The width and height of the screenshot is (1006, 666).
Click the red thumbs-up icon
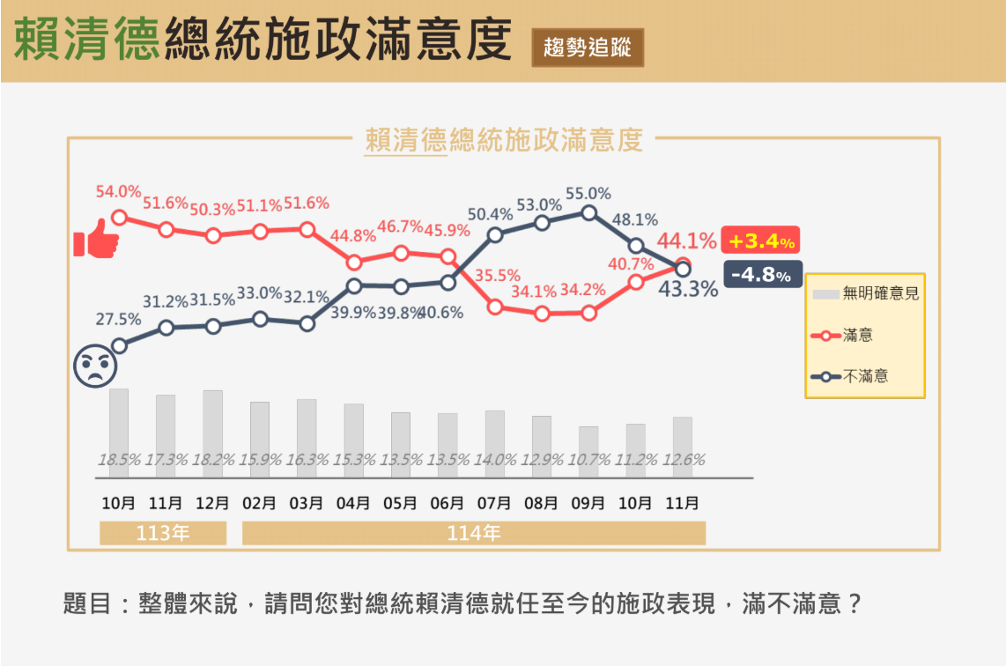pos(96,240)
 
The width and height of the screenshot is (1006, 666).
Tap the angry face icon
pos(95,366)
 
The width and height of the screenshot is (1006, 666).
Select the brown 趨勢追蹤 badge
pos(588,48)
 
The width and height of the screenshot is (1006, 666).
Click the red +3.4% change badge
pos(760,240)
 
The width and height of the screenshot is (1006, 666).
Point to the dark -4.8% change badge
pos(762,275)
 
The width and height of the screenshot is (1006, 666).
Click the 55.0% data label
pos(588,194)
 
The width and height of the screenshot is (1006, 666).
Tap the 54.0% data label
pos(118,191)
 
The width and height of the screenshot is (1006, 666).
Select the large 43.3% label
pos(688,289)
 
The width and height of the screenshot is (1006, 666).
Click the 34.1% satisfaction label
pos(534,291)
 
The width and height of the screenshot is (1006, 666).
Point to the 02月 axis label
pos(259,504)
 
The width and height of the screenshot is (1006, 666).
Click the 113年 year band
pos(163,533)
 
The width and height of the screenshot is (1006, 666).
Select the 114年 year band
pos(474,533)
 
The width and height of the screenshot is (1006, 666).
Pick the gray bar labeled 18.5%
pos(119,423)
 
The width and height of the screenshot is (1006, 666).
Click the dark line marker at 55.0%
pos(588,212)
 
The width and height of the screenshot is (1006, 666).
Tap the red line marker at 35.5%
pos(495,307)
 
